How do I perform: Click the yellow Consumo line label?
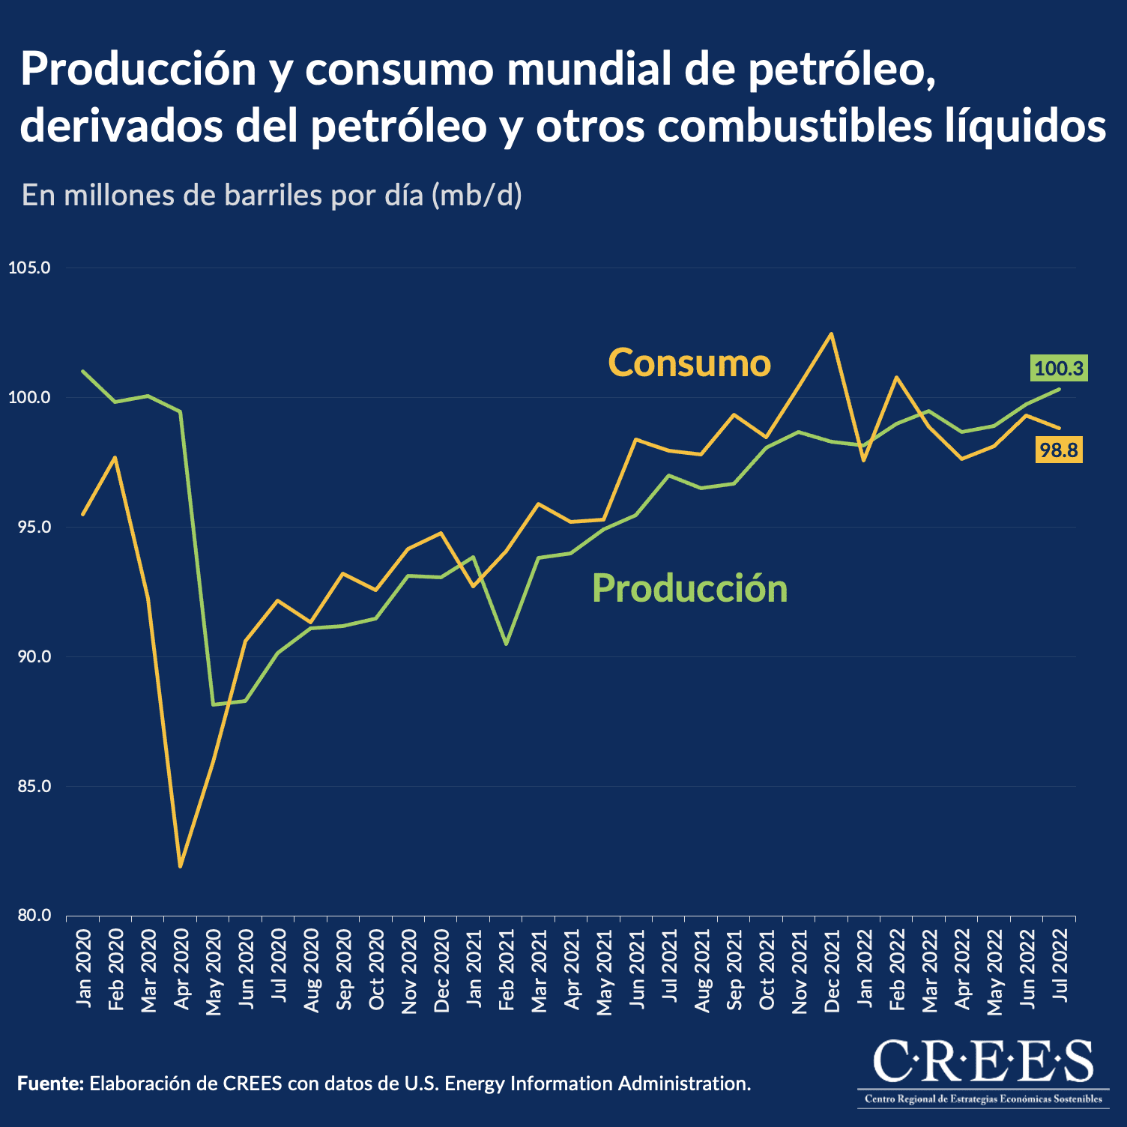(x=689, y=363)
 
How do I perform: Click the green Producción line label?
(x=689, y=588)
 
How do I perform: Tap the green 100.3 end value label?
(x=1058, y=369)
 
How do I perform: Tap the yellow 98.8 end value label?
(x=1058, y=450)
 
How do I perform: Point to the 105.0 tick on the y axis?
(x=29, y=268)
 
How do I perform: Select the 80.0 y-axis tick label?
(x=29, y=916)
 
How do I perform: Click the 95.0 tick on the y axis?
(x=29, y=528)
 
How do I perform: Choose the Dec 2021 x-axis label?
(x=832, y=970)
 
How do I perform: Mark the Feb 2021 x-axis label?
(x=507, y=970)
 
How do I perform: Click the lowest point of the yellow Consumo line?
(x=181, y=866)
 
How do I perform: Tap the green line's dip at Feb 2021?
(x=507, y=644)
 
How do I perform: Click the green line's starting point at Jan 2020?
(x=83, y=371)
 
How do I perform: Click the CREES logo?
(x=983, y=1070)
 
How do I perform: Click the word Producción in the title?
(x=139, y=70)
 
